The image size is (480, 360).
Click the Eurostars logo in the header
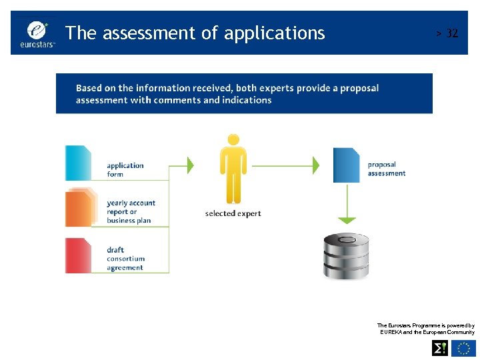point(39,33)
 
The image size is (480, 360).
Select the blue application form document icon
point(79,163)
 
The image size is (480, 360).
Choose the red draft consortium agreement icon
point(79,255)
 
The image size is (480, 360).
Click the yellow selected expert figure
point(233,169)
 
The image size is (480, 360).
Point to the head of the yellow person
point(233,140)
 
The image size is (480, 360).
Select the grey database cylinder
point(346,256)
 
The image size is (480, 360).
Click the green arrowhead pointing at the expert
point(191,164)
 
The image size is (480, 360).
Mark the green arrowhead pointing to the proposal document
point(317,164)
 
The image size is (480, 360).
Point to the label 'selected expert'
point(233,213)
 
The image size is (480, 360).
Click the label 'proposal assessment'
point(387,169)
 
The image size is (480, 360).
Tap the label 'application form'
point(125,170)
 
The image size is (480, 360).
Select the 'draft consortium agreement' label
point(125,259)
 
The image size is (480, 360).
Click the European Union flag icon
point(463,348)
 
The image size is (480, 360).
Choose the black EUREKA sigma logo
point(440,348)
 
